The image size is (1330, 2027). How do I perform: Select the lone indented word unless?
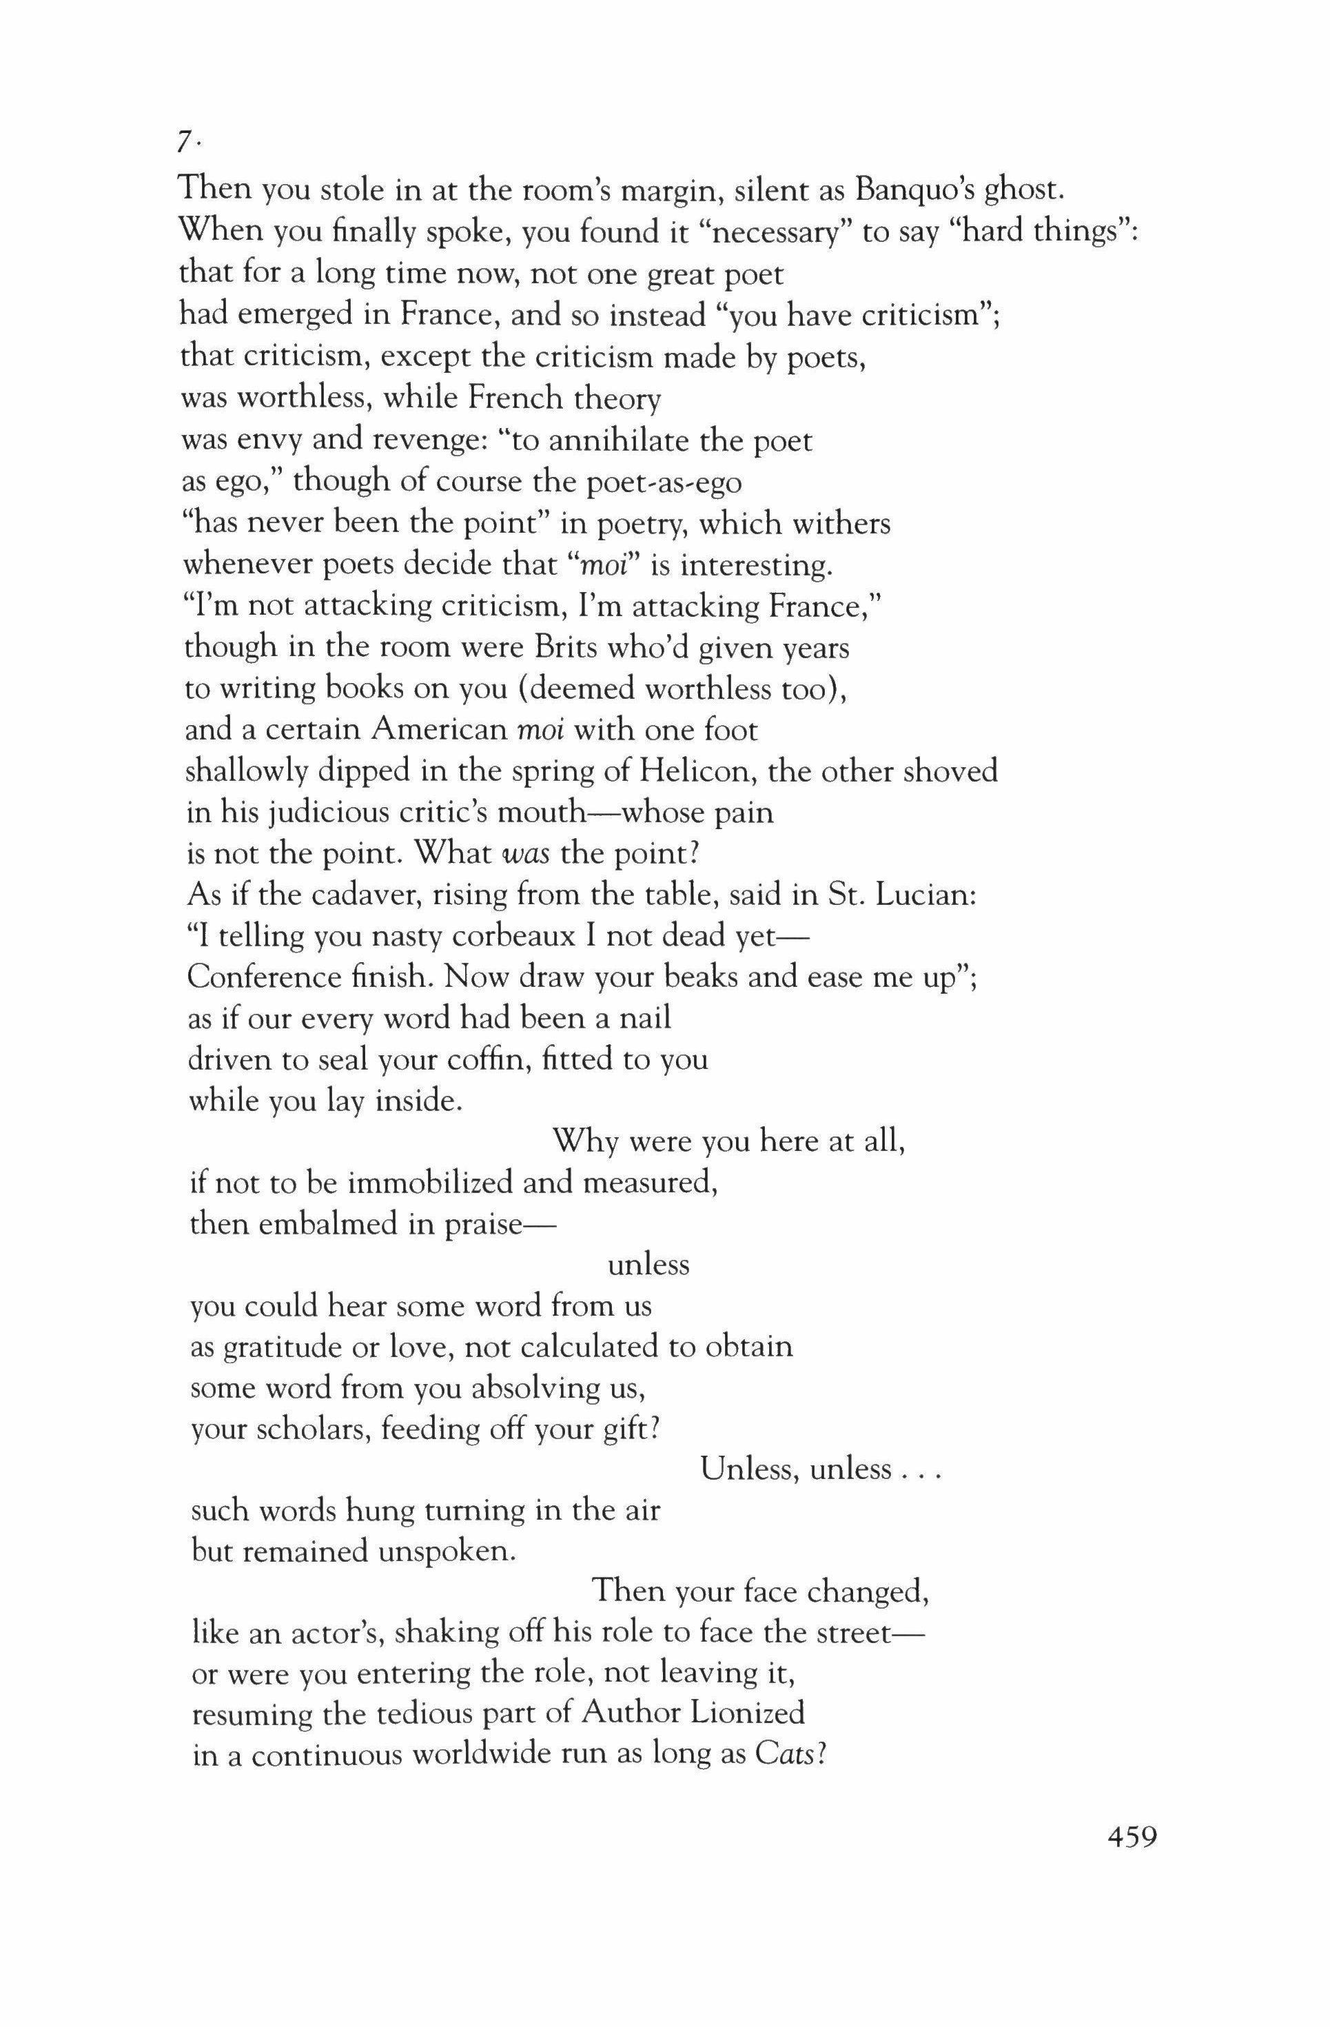648,1265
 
